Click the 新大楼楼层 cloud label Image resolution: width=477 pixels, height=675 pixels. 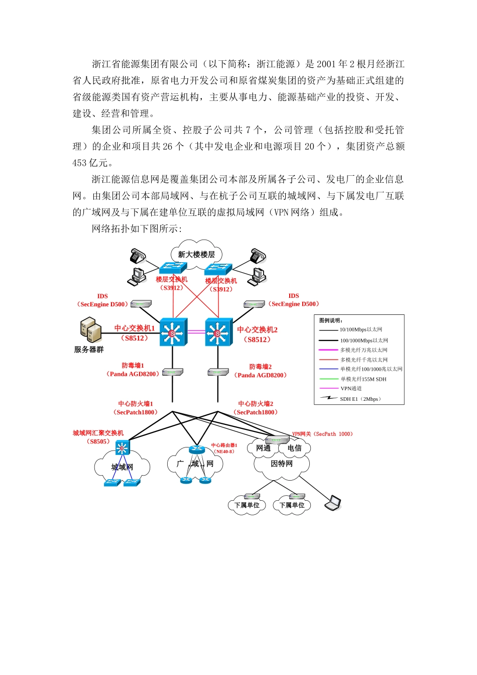tap(196, 255)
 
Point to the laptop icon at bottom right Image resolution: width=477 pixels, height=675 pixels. tap(333, 503)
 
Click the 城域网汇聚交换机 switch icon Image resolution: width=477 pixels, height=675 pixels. tap(122, 447)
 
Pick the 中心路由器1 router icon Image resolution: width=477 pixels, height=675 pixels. tap(195, 449)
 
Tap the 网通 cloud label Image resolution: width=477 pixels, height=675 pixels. tap(263, 448)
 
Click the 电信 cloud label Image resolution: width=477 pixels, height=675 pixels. tap(295, 448)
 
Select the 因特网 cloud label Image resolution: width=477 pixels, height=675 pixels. tap(281, 464)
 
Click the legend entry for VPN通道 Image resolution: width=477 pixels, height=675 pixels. tap(351, 389)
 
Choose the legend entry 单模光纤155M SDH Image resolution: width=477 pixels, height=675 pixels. tap(364, 379)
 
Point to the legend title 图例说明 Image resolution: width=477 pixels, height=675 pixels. tap(331, 320)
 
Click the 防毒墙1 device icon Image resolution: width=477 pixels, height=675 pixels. tap(173, 372)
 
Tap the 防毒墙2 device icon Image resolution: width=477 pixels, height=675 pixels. tap(218, 372)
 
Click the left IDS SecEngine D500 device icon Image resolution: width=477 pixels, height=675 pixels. tap(141, 304)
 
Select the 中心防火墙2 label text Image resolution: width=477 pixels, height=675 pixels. tap(256, 404)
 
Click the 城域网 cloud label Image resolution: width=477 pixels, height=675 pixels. tap(122, 467)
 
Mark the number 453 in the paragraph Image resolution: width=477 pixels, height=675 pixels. tap(80, 163)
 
